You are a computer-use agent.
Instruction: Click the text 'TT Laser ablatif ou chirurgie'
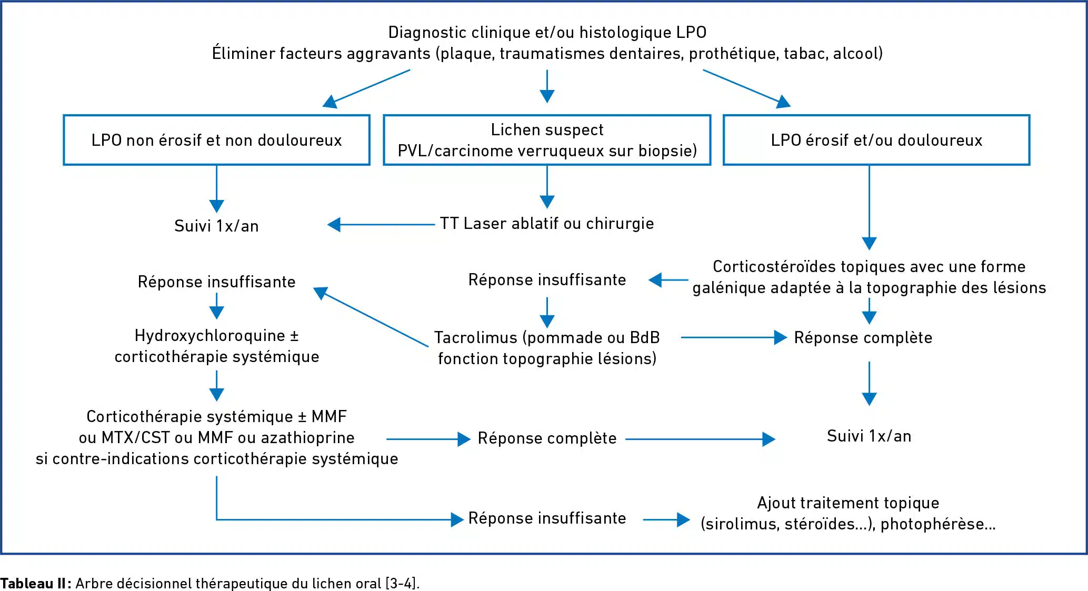click(547, 224)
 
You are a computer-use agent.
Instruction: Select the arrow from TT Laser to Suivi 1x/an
click(382, 225)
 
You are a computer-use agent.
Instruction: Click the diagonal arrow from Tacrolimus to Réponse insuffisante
click(371, 316)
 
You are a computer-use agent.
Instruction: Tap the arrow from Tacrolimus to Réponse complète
click(734, 337)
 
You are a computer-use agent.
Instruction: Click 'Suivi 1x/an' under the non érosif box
click(216, 226)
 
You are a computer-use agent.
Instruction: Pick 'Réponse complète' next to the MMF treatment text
click(547, 438)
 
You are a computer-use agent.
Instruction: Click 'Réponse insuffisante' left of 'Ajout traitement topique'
click(547, 518)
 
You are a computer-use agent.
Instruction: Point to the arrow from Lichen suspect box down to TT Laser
click(547, 187)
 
